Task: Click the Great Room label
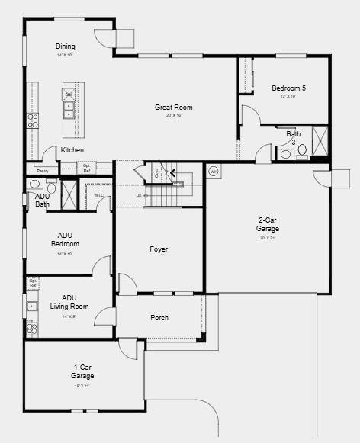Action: click(174, 108)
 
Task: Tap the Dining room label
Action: click(65, 47)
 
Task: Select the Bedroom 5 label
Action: click(288, 88)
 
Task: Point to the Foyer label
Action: click(159, 249)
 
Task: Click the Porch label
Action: click(159, 318)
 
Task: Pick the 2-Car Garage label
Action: click(267, 224)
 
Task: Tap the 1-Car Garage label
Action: click(82, 371)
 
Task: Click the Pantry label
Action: click(42, 171)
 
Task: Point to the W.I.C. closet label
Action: click(99, 195)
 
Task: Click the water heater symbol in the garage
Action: click(214, 172)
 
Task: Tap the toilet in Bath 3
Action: click(302, 150)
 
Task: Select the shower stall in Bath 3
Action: click(320, 141)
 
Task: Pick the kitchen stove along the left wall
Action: click(33, 120)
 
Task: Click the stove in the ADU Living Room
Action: click(32, 329)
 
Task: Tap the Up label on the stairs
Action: click(138, 196)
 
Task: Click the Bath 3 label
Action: click(294, 138)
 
